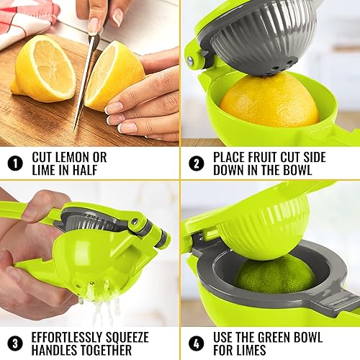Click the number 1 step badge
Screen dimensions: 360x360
[x=15, y=163]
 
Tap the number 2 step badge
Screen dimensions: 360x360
[x=196, y=163]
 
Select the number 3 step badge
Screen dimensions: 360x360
[x=15, y=343]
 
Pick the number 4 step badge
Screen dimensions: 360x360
[x=196, y=343]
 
